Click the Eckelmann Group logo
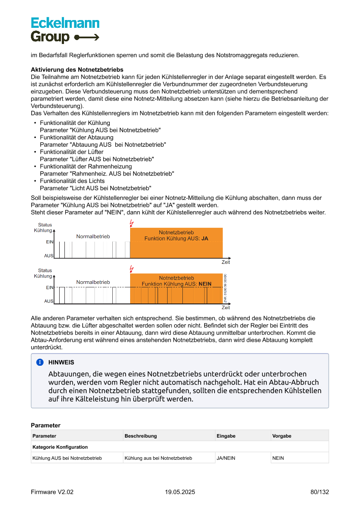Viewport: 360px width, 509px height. [65, 30]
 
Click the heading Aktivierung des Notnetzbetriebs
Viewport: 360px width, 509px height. [77, 70]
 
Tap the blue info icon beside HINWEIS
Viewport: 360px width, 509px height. [40, 362]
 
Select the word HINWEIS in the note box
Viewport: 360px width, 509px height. [61, 362]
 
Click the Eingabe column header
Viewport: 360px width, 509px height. [226, 436]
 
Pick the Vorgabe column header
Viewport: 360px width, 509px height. [282, 436]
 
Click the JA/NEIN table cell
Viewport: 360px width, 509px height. [226, 458]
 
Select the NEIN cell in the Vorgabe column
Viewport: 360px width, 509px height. [278, 458]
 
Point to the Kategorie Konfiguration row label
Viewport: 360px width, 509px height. [60, 447]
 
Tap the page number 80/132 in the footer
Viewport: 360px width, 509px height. [320, 492]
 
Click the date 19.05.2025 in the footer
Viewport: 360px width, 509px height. [180, 492]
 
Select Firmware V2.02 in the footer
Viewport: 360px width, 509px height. [52, 492]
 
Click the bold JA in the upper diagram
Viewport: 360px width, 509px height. [205, 239]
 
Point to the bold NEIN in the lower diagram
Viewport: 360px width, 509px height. [205, 284]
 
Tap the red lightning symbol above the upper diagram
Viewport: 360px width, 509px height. [131, 224]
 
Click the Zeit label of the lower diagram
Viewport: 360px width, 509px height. [225, 308]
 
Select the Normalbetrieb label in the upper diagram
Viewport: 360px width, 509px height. [93, 236]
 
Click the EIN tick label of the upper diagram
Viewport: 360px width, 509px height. [50, 242]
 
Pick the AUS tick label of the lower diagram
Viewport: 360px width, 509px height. [49, 301]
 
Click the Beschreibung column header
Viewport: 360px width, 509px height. [141, 436]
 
